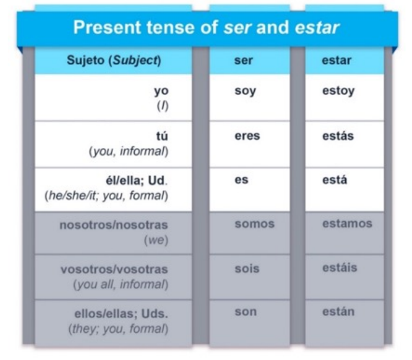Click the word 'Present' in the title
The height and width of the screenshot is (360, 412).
[107, 27]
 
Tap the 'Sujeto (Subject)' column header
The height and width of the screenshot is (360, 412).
[113, 60]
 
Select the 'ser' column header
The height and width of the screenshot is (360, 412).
[244, 60]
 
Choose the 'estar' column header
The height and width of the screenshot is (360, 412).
[336, 60]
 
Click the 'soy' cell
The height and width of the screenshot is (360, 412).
[245, 91]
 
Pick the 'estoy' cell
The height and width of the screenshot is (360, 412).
[339, 91]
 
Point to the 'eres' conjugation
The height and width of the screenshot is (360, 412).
[247, 136]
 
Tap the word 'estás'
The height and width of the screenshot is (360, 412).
[338, 135]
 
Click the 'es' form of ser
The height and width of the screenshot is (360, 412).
[241, 180]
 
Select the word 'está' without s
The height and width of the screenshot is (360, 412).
[335, 180]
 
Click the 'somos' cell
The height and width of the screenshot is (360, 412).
[255, 224]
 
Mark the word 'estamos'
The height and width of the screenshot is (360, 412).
[347, 223]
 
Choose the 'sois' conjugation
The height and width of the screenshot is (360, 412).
[247, 268]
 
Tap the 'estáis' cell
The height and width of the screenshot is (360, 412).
[339, 268]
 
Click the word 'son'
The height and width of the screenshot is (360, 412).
[246, 312]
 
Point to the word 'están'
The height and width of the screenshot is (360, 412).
[339, 312]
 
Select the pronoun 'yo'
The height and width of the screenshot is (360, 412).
[161, 92]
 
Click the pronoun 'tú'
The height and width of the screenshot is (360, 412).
[162, 136]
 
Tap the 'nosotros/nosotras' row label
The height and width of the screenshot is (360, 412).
[113, 225]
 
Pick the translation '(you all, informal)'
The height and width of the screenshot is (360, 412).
[121, 284]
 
